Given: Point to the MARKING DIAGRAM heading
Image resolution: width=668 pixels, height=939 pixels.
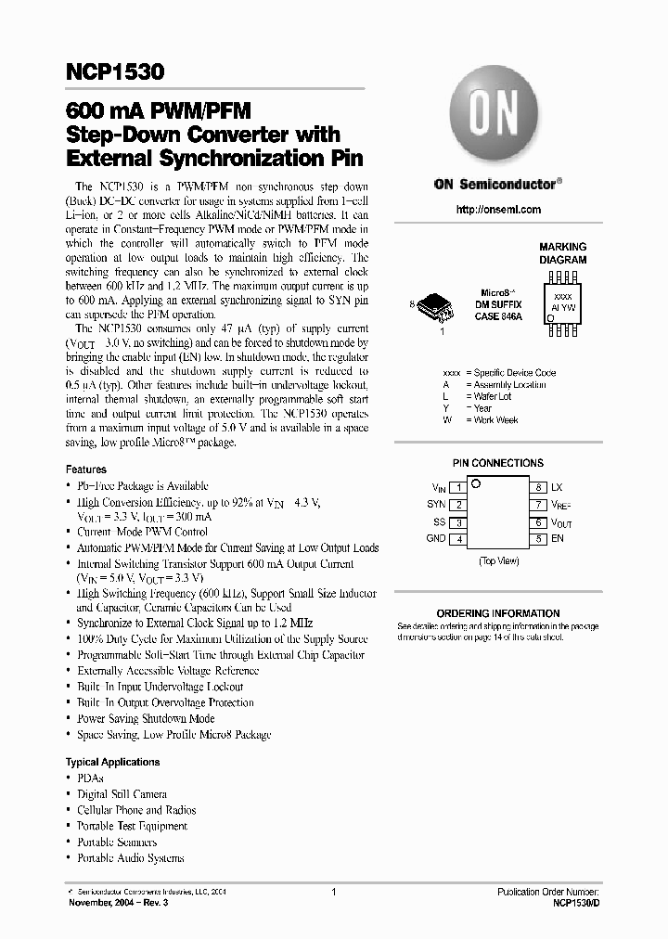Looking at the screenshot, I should pos(563,253).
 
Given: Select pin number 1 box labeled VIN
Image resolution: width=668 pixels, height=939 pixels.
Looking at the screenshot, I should pos(458,487).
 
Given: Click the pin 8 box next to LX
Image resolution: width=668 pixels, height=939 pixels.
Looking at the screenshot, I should pos(538,487).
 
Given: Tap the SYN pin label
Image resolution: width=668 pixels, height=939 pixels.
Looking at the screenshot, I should pos(436,505).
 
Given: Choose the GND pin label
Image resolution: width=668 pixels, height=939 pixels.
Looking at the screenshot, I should pos(435,539).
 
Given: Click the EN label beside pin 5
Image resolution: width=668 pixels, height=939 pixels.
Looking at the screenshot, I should pos(558,538).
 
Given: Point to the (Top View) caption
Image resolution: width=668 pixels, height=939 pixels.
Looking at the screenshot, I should pos(498,561).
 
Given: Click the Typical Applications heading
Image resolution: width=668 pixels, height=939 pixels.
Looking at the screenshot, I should pos(113,762).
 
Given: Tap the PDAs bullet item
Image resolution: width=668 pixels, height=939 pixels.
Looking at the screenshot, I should pos(90,778).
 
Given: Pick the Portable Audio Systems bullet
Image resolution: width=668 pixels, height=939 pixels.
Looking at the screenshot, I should pos(130,858).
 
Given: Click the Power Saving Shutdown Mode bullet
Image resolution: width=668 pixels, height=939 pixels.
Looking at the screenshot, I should pos(146,718).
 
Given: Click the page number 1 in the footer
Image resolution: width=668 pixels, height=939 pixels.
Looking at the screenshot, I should pos(333,891).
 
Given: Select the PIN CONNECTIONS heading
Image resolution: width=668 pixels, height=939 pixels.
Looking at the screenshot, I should pos(498,463).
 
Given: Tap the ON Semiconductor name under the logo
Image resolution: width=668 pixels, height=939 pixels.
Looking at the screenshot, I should pos(497,185).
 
